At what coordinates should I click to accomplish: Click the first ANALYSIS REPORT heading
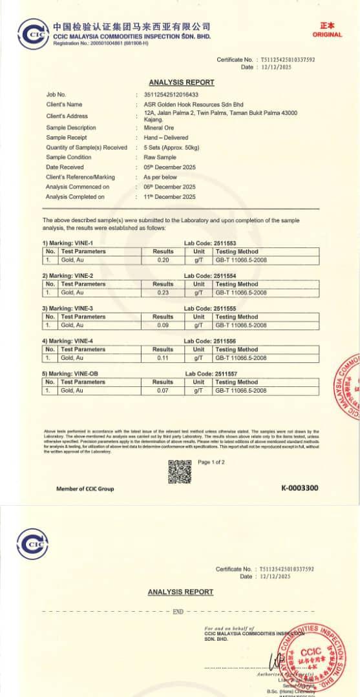point(181,83)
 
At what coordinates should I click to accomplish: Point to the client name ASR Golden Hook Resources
point(193,104)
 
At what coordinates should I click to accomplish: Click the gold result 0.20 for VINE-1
point(163,260)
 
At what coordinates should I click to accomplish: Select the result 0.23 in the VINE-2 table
point(163,293)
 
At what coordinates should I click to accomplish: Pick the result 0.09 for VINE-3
point(163,326)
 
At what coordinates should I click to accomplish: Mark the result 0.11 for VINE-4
point(163,358)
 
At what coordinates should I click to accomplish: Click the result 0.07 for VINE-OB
point(163,391)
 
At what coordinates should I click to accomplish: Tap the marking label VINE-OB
point(67,373)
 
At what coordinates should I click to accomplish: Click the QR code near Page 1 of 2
point(180,471)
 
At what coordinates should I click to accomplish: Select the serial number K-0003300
point(299,488)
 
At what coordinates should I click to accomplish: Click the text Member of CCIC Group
point(85,488)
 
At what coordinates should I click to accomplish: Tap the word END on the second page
point(178,611)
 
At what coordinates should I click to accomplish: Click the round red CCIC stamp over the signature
point(309,653)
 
